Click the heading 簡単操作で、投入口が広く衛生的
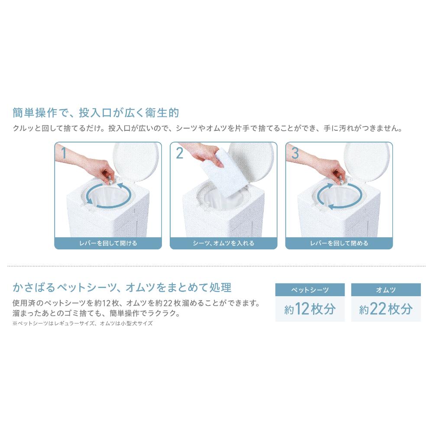coord(96,113)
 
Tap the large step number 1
coord(64,153)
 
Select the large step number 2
coord(180,153)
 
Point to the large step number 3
coord(295,153)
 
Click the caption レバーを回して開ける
coord(108,243)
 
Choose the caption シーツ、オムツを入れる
coord(223,243)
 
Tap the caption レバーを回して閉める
coord(339,243)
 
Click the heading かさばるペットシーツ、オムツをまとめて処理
coord(122,288)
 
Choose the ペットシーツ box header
coord(310,290)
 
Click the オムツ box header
coord(386,290)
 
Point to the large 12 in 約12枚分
coord(302,309)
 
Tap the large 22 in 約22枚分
coord(378,309)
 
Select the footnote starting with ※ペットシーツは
coord(82,323)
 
